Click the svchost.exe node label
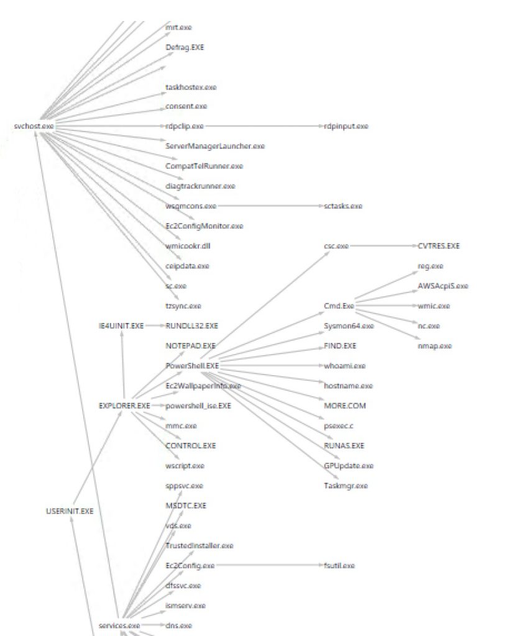click(x=34, y=126)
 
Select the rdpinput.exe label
click(x=346, y=126)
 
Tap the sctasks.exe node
click(x=343, y=206)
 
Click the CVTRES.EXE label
click(x=438, y=246)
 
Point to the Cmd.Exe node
click(x=339, y=306)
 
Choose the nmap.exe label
click(x=435, y=345)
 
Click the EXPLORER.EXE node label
click(x=124, y=406)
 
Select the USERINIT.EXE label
click(x=70, y=511)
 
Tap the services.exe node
click(x=119, y=625)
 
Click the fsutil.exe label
click(x=339, y=566)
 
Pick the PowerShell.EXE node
click(x=192, y=365)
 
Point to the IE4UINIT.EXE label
click(x=121, y=325)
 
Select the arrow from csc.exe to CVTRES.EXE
click(x=382, y=246)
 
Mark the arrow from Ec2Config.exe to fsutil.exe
click(x=267, y=566)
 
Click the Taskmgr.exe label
click(x=346, y=486)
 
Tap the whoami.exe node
click(x=344, y=366)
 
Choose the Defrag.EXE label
click(x=185, y=47)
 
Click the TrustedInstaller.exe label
click(x=199, y=545)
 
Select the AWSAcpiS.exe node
click(x=443, y=286)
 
